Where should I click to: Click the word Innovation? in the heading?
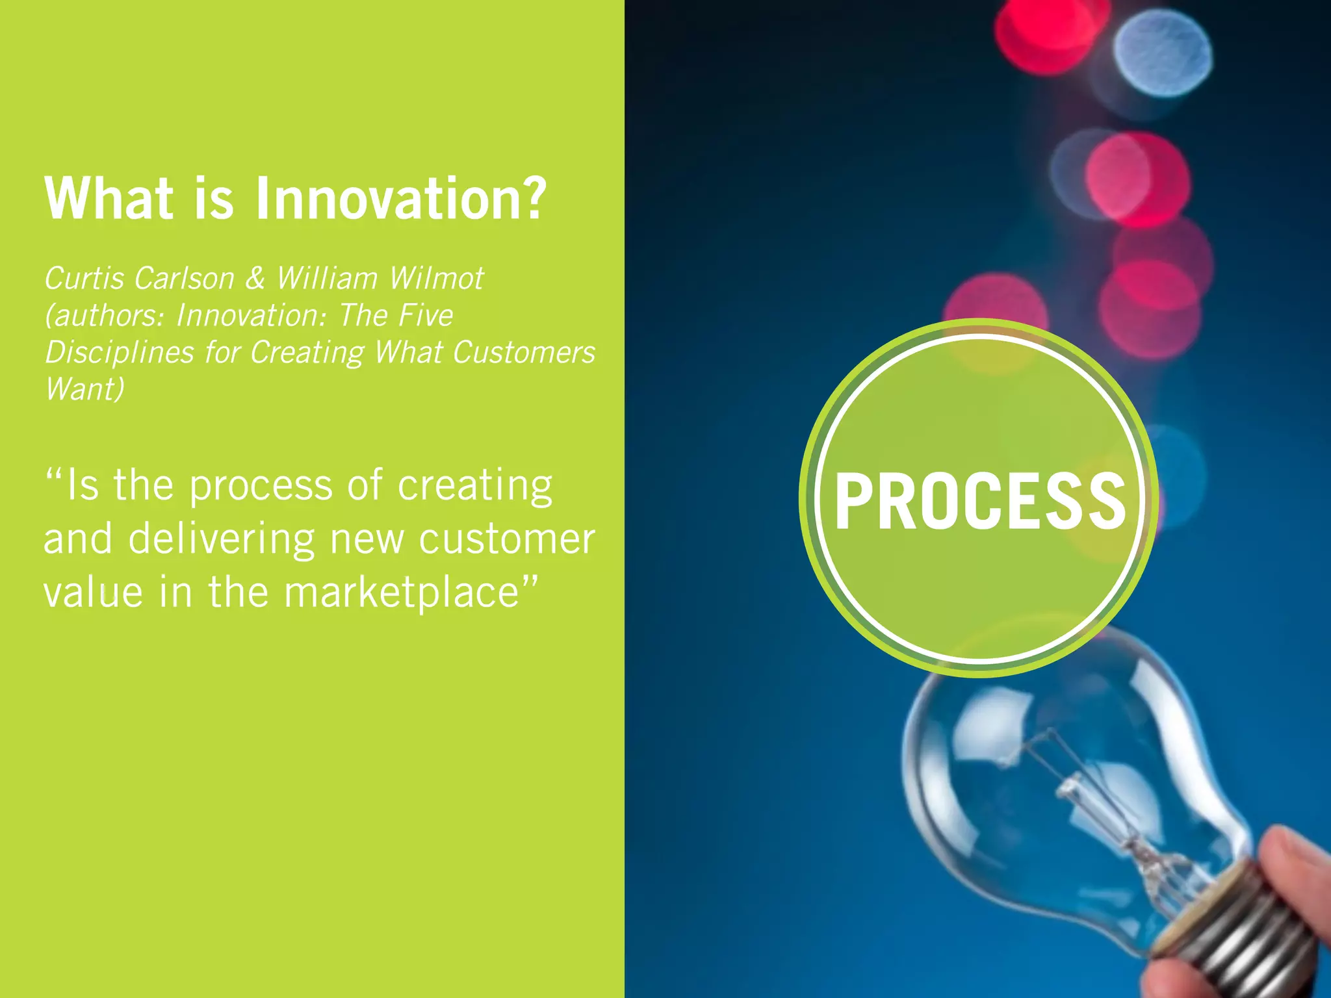(x=400, y=198)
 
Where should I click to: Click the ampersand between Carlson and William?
(x=255, y=279)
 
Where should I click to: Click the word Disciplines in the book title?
(x=120, y=353)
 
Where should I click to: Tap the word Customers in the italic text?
(x=524, y=353)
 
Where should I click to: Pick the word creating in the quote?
(x=475, y=487)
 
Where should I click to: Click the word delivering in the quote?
(x=222, y=539)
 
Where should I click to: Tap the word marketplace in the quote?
(x=402, y=593)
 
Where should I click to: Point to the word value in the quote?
(x=93, y=593)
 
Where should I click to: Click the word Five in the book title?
(x=425, y=316)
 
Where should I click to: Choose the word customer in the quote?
(x=507, y=539)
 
